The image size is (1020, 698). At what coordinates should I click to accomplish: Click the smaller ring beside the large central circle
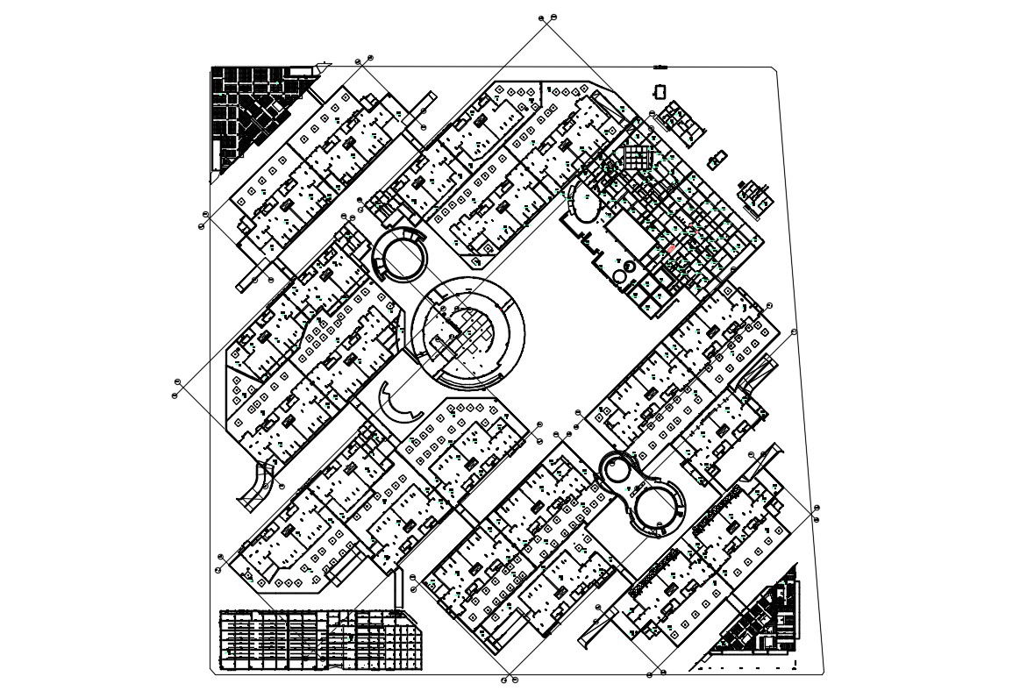[401, 254]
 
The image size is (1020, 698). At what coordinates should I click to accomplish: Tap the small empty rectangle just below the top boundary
[660, 91]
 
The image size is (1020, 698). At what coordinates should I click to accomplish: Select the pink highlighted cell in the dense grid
[672, 249]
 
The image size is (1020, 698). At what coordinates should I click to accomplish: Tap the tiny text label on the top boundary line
[660, 67]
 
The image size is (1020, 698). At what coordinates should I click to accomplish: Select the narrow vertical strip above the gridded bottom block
[398, 589]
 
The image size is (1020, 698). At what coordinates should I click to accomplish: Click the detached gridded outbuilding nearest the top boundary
[681, 121]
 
